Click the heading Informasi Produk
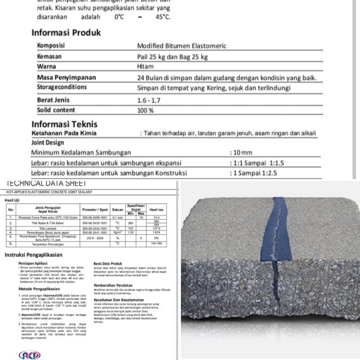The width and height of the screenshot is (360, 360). [66, 33]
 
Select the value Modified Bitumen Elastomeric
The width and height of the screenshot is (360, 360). [181, 46]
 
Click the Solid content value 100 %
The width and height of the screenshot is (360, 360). [146, 110]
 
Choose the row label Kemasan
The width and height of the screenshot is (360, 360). [49, 57]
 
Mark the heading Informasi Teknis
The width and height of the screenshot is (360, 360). [64, 124]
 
